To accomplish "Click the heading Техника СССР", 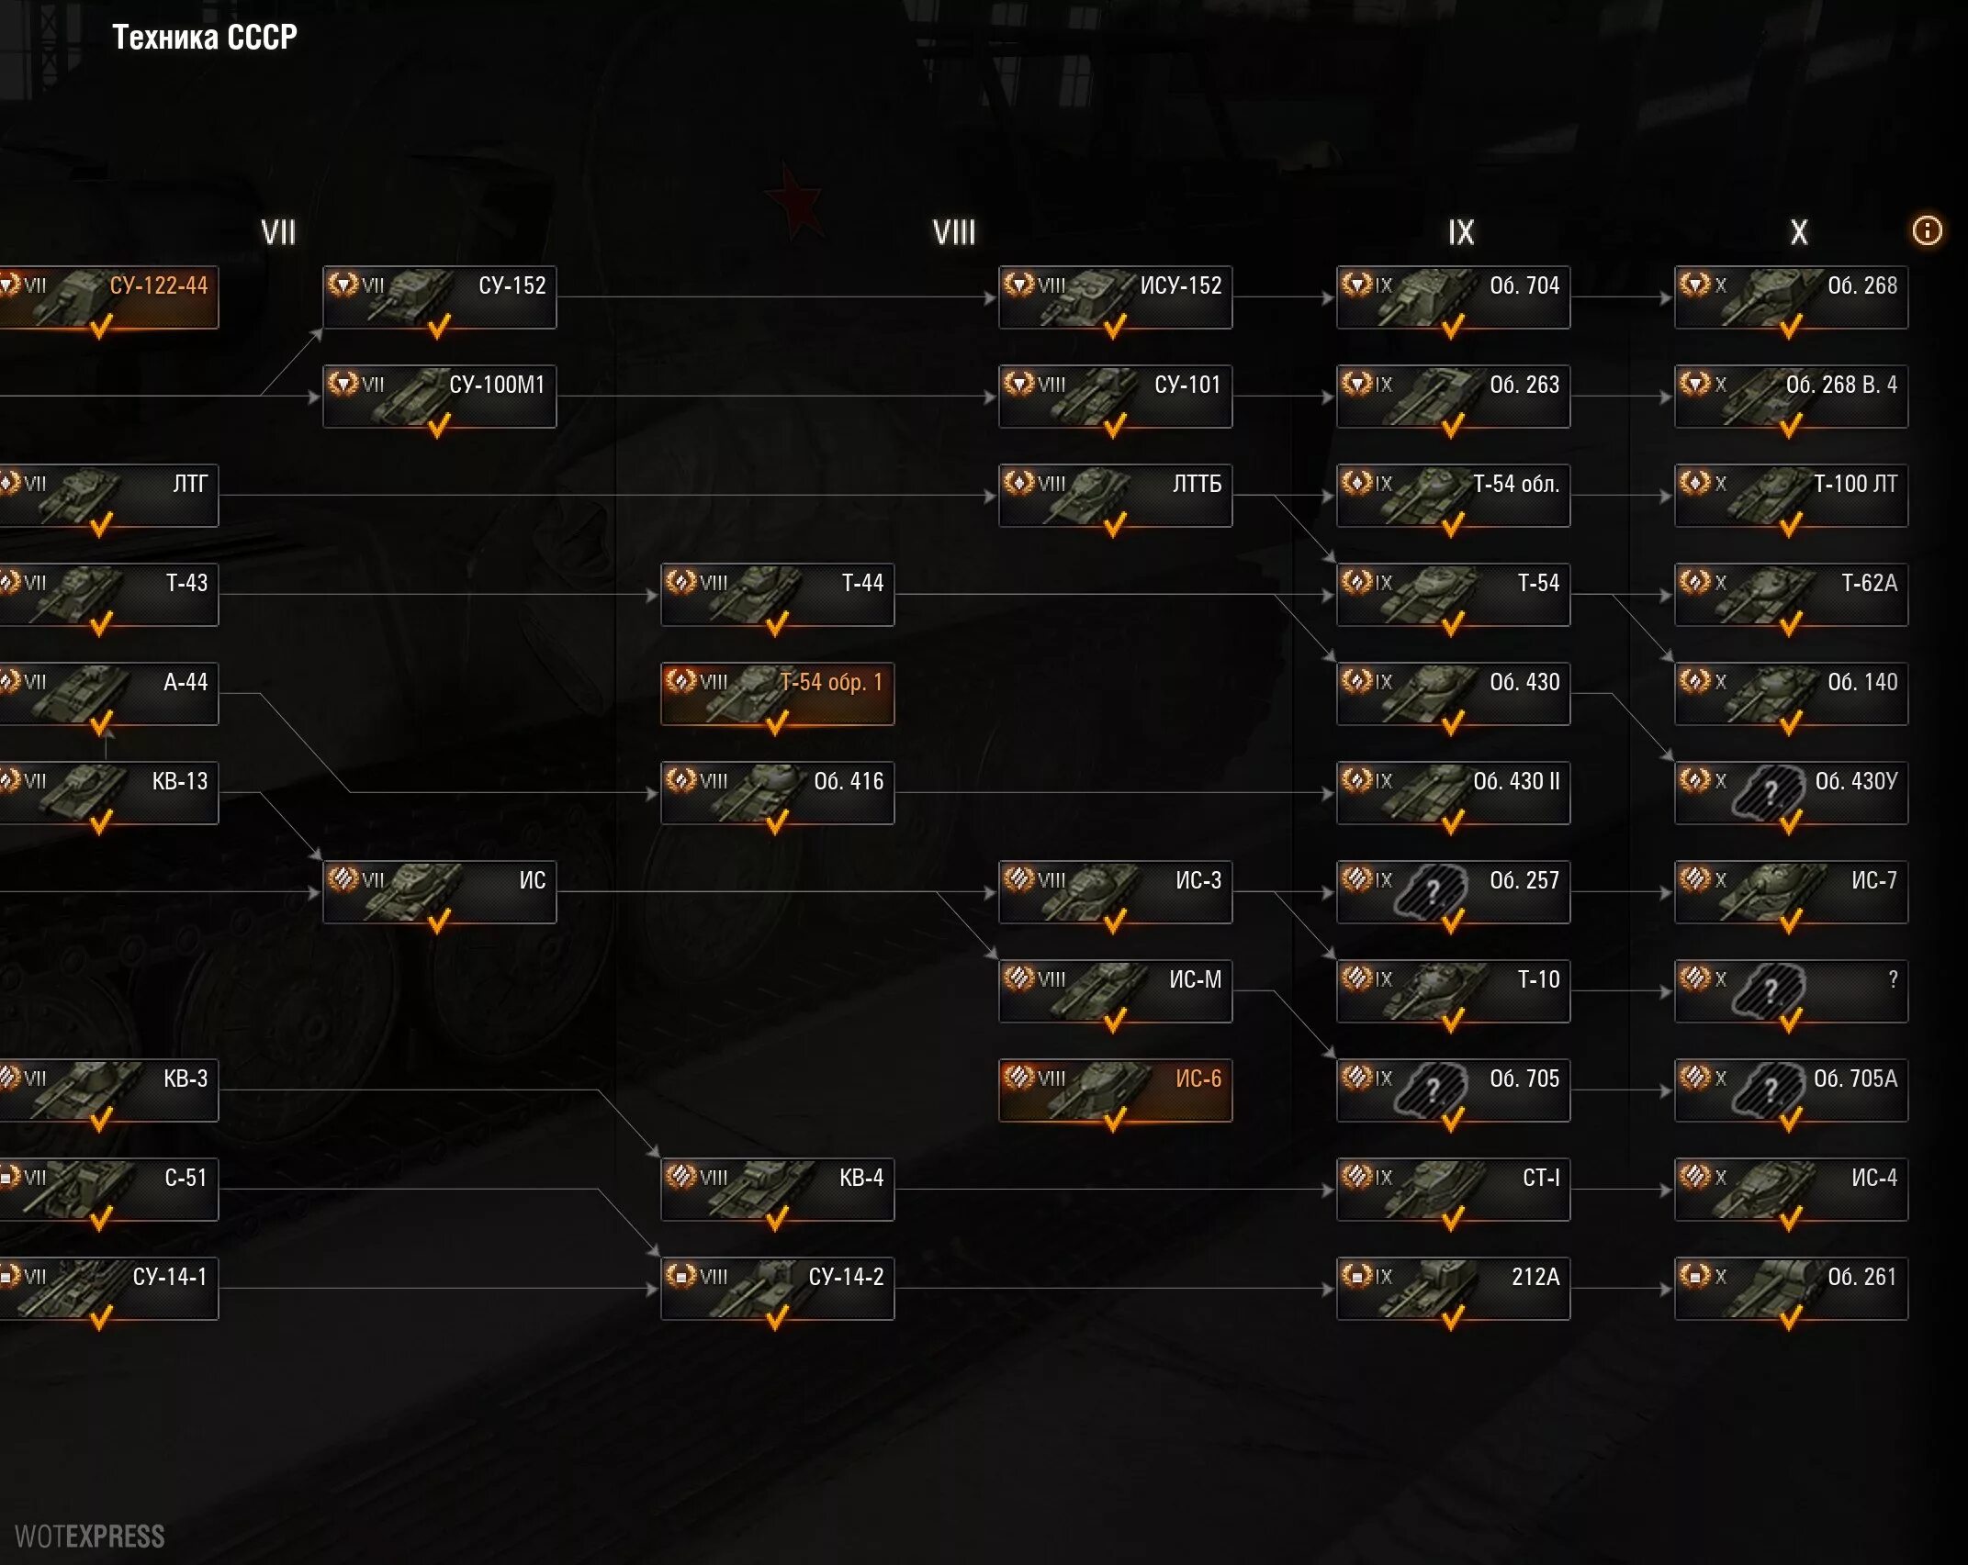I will pyautogui.click(x=204, y=38).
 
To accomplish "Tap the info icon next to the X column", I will pyautogui.click(x=1927, y=230).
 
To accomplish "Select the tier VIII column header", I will pyautogui.click(x=954, y=232).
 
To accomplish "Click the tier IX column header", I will pyautogui.click(x=1460, y=232).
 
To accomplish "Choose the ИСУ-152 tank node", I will pyautogui.click(x=1115, y=297).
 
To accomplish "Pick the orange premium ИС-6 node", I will pyautogui.click(x=1115, y=1090).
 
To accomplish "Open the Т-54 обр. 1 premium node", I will pyautogui.click(x=777, y=694).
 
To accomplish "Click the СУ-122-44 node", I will pyautogui.click(x=108, y=297).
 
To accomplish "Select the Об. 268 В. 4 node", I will pyautogui.click(x=1791, y=397).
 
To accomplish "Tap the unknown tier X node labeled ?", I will pyautogui.click(x=1791, y=991).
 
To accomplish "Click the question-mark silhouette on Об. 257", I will pyautogui.click(x=1431, y=890).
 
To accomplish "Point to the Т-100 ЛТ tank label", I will pyautogui.click(x=1854, y=484).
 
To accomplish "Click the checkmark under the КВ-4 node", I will pyautogui.click(x=777, y=1218).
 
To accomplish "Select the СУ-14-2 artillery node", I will pyautogui.click(x=777, y=1289).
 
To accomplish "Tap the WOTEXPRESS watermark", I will pyautogui.click(x=90, y=1537).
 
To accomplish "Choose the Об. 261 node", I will pyautogui.click(x=1791, y=1289).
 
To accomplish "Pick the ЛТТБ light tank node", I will pyautogui.click(x=1115, y=496).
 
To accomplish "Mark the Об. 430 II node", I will pyautogui.click(x=1453, y=793).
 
